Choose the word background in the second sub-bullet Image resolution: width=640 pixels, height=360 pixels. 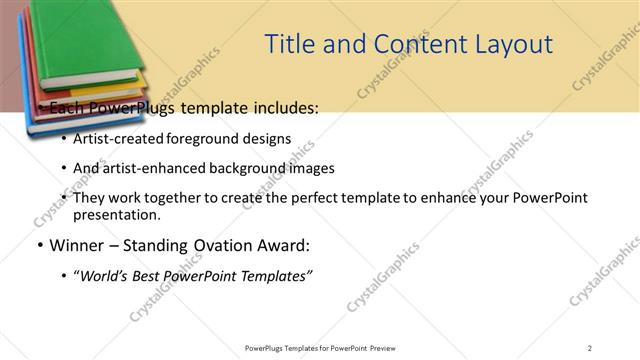(x=250, y=168)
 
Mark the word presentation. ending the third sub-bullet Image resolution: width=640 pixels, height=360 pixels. (x=116, y=214)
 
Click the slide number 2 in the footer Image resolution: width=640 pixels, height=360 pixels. (x=590, y=347)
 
